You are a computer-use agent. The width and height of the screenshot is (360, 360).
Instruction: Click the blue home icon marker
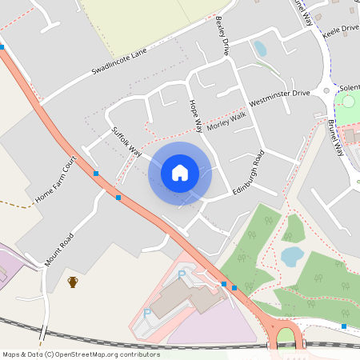point(180,172)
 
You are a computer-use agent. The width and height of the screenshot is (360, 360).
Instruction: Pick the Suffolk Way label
point(126,141)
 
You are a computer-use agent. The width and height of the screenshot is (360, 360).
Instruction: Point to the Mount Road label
point(59,249)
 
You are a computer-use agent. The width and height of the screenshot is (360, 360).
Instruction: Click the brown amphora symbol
point(73,282)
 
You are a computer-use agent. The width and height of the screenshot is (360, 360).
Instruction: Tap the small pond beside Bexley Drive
point(259,49)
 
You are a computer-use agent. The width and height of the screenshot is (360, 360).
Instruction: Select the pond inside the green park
point(292,256)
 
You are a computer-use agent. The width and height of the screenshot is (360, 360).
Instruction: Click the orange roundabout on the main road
point(286,335)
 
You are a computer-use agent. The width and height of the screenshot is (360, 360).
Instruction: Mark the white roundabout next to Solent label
point(326,90)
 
